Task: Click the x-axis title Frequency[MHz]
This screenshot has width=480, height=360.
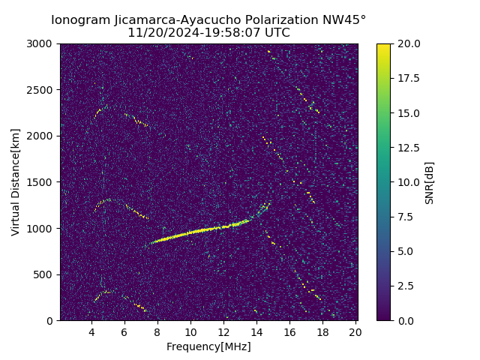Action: (208, 346)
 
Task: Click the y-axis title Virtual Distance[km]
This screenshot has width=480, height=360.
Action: (16, 181)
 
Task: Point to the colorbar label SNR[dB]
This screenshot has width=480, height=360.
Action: (430, 182)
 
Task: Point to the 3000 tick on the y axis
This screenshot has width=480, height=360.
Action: (42, 43)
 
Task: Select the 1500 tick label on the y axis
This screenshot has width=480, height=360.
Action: (42, 182)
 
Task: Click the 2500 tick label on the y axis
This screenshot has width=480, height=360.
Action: (42, 90)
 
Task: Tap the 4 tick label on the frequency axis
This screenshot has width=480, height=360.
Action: (91, 332)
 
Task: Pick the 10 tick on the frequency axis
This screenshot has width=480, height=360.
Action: (190, 332)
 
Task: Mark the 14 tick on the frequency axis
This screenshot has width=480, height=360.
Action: (256, 332)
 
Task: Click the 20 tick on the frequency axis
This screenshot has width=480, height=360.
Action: (355, 332)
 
